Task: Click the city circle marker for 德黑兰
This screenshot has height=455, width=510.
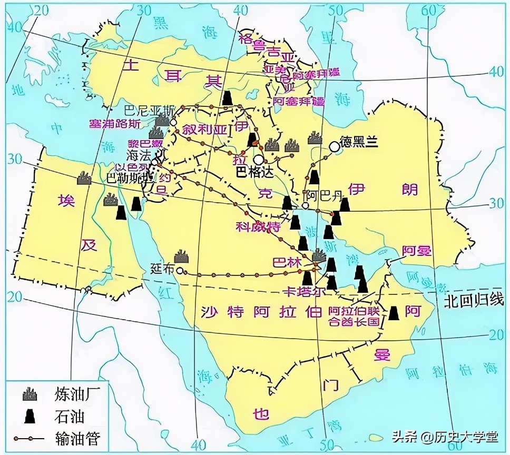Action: tap(334, 146)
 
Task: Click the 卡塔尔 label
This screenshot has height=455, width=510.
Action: tap(298, 291)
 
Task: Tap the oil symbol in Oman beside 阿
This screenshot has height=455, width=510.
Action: tap(394, 312)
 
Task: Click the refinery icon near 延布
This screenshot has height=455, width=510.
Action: tap(182, 256)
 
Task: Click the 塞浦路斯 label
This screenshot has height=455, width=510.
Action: tap(115, 124)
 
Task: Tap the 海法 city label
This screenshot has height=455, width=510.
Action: tap(140, 155)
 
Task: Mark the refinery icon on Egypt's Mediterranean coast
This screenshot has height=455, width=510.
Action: tap(83, 178)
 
